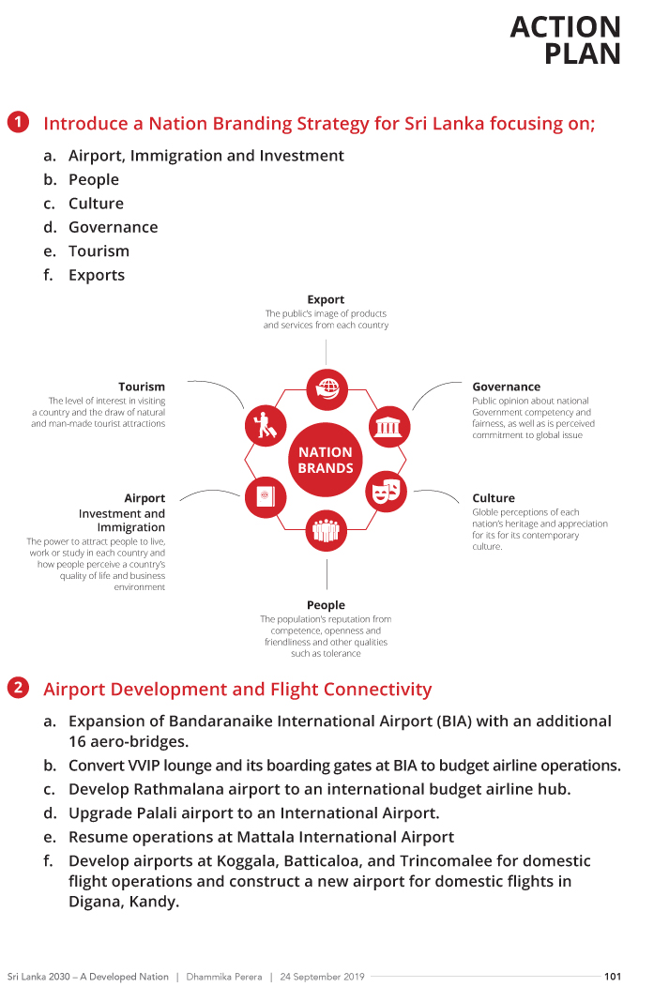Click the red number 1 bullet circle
18,123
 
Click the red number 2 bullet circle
18,689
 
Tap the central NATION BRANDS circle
326,460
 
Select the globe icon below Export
327,387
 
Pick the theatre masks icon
386,491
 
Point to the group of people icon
326,530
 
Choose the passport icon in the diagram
265,495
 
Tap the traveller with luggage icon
266,425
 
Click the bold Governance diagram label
506,387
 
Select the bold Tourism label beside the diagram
142,387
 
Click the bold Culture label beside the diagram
494,498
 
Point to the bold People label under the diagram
326,605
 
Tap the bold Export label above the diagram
326,300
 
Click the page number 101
613,976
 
